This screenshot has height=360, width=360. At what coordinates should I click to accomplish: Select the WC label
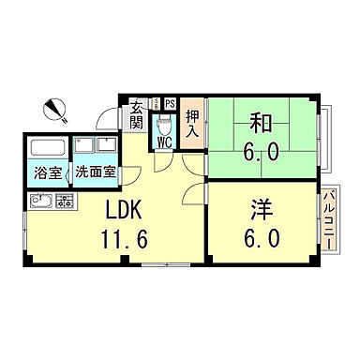click(163, 142)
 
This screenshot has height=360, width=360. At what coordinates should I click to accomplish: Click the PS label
click(170, 103)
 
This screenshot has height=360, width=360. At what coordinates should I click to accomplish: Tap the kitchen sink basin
click(40, 200)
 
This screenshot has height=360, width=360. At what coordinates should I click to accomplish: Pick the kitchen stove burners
click(65, 200)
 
